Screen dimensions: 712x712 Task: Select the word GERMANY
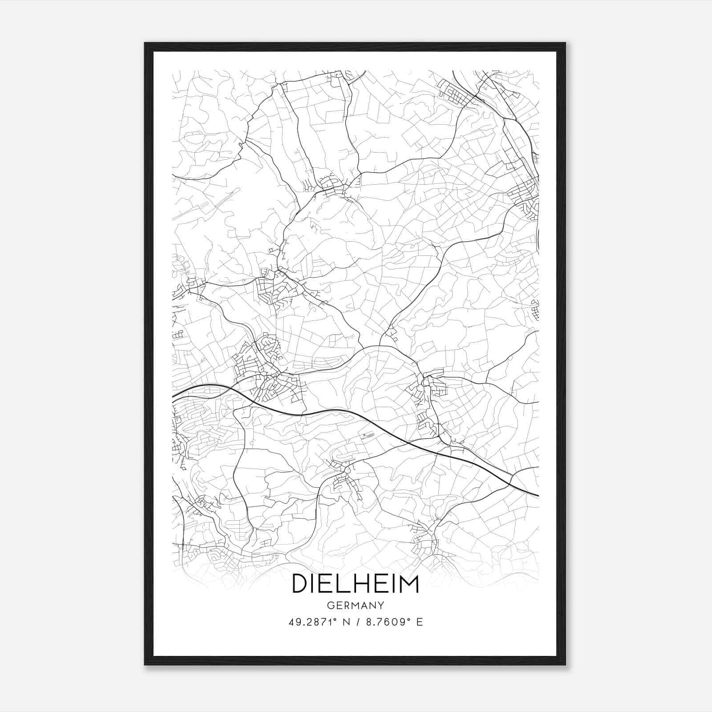(x=355, y=606)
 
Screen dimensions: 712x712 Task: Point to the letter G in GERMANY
(x=330, y=606)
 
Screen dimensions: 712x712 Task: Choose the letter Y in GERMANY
(x=380, y=606)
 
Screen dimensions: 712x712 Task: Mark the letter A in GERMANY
(x=364, y=606)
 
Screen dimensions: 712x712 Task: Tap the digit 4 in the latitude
(x=291, y=622)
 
